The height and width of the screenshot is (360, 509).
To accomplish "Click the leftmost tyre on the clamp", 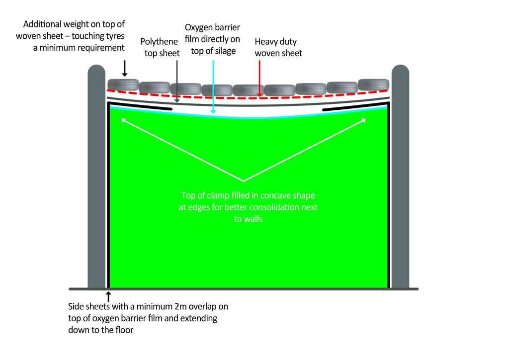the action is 123,85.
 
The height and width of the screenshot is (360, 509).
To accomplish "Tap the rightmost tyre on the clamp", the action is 374,84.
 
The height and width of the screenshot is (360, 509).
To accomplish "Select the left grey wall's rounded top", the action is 96,70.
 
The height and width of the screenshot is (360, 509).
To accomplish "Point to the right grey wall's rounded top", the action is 400,70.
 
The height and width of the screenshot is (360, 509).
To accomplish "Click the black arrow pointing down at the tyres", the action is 125,68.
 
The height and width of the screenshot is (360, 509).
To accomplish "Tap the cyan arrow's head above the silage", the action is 213,111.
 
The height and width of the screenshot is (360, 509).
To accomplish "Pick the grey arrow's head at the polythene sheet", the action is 177,100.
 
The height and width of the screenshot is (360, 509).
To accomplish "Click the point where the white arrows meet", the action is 244,181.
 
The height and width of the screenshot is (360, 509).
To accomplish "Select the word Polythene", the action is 159,42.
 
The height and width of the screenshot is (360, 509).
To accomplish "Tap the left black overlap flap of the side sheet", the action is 140,106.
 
